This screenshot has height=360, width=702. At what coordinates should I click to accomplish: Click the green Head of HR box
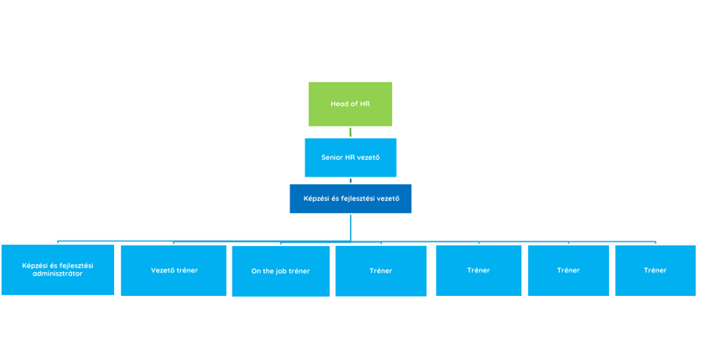tap(349, 104)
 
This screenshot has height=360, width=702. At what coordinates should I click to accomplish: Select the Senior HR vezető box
tap(350, 157)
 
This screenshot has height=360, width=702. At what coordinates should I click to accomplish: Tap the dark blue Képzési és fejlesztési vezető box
tap(350, 198)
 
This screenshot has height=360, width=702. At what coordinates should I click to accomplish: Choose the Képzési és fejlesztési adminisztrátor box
tap(58, 270)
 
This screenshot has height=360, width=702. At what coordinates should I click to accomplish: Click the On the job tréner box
tap(280, 270)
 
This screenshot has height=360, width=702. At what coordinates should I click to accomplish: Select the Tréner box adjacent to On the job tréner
tap(380, 270)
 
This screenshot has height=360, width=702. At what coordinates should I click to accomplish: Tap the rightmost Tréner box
tap(655, 270)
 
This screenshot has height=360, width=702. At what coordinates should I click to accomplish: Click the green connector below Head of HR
tap(350, 132)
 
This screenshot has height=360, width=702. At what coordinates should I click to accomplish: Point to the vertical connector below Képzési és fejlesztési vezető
tap(350, 227)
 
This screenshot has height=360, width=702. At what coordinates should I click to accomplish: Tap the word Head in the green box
tap(340, 104)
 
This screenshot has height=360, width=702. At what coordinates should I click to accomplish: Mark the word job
tap(280, 270)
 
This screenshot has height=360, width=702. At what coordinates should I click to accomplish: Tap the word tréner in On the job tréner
tap(298, 270)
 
